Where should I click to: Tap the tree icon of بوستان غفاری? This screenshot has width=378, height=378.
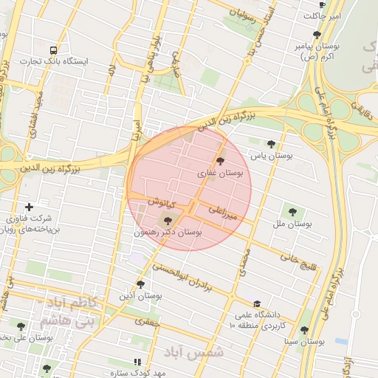click(x=219, y=161)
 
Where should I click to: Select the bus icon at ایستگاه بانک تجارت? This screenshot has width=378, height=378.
click(x=52, y=50)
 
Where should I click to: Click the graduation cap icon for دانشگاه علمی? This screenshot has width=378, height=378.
click(x=256, y=303)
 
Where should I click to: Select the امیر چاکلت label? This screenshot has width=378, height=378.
click(x=325, y=16)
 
